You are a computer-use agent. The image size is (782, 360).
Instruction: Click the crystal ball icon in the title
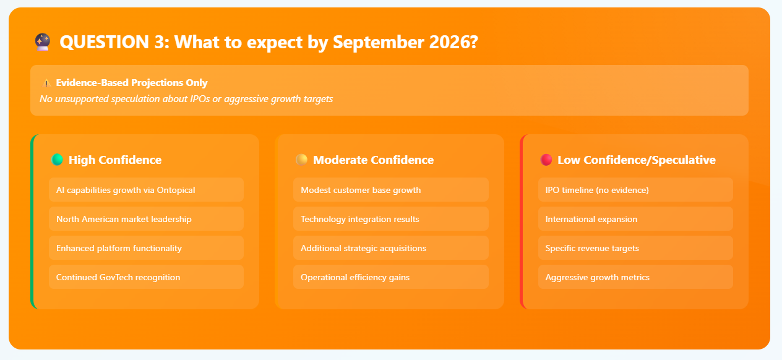[x=43, y=42]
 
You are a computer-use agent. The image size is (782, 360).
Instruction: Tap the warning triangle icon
[x=46, y=83]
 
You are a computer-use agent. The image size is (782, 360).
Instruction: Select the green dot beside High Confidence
[x=58, y=160]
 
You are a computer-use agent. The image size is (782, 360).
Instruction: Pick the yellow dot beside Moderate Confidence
[x=302, y=160]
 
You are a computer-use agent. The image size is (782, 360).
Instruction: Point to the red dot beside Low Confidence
[x=546, y=160]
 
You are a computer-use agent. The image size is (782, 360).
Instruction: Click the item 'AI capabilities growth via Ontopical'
[x=146, y=190]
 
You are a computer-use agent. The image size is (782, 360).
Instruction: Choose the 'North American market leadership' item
[x=146, y=218]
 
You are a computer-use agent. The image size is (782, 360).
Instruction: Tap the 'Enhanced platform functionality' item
[x=146, y=248]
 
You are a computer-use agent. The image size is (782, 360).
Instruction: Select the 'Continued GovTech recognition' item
[x=146, y=277]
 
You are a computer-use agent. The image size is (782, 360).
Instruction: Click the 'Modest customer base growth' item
[x=391, y=190]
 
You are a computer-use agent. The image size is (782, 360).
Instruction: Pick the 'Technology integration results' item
[x=391, y=218]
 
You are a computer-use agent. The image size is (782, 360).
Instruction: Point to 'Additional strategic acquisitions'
[x=391, y=248]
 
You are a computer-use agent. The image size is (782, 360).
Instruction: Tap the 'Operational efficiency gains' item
[x=391, y=277]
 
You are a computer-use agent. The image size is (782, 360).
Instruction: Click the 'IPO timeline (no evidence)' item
[x=635, y=190]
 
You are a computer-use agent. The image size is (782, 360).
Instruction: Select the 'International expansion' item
[x=635, y=218]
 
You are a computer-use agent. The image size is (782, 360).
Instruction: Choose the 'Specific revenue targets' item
[x=635, y=248]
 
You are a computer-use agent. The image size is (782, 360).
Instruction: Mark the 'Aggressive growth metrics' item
[x=635, y=277]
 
